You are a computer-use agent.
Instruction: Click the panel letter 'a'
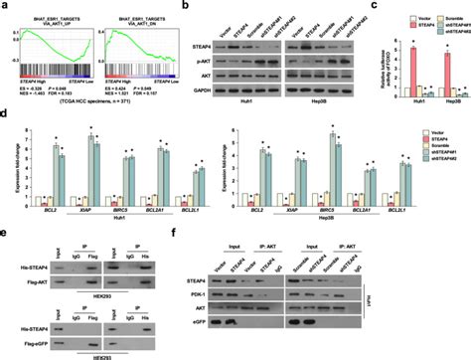point(8,8)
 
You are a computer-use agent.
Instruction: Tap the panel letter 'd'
point(8,127)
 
